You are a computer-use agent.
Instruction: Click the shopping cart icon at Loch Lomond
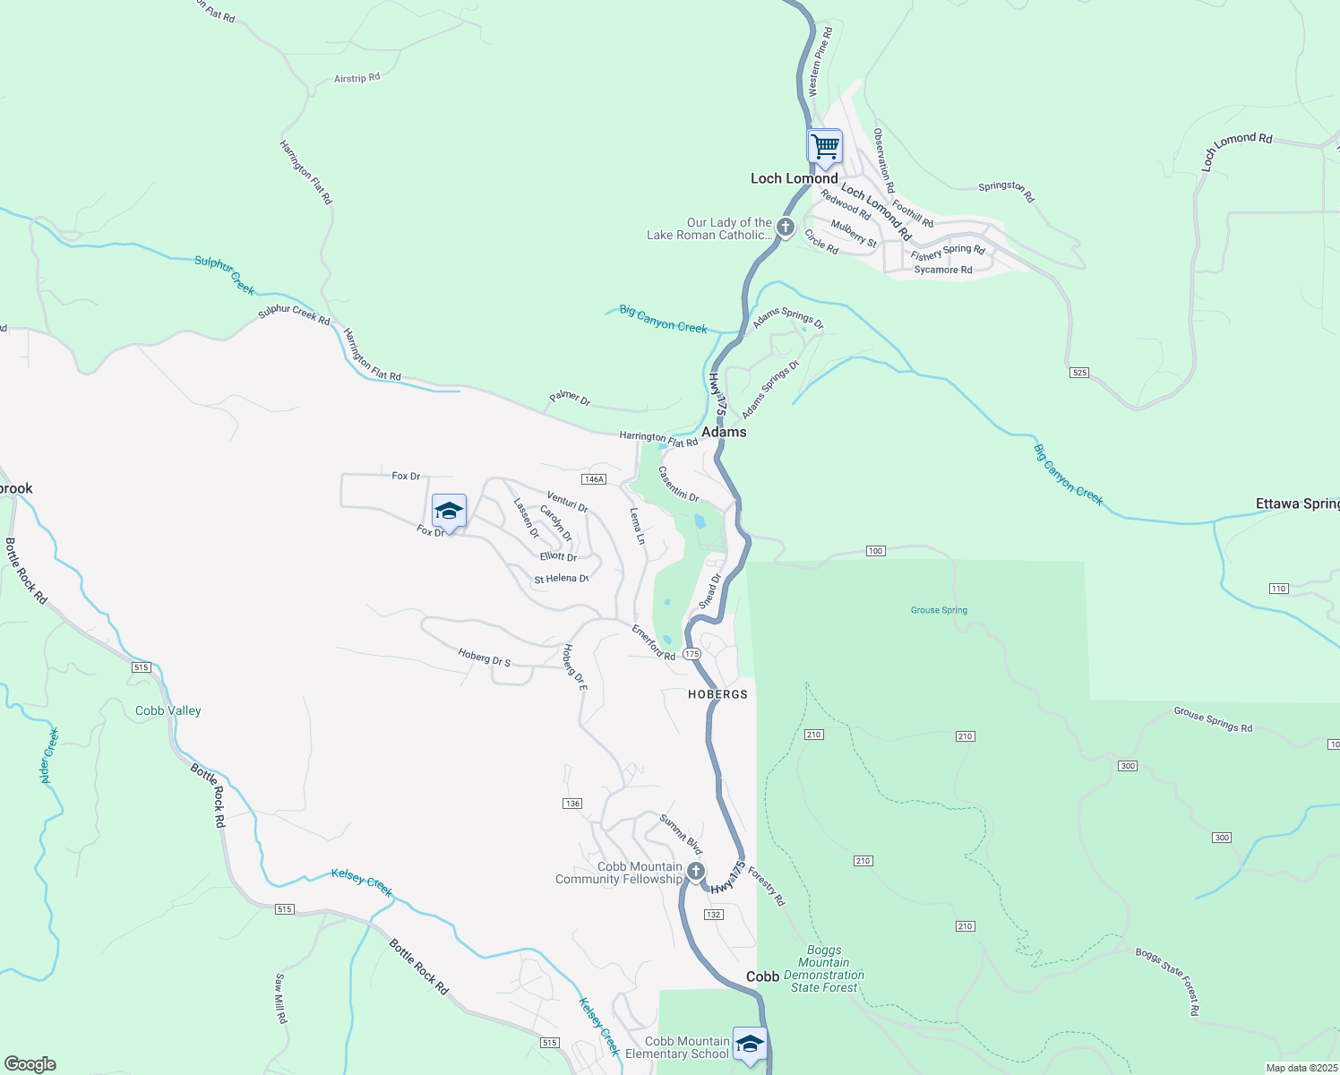[824, 146]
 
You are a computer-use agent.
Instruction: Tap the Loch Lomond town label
[794, 178]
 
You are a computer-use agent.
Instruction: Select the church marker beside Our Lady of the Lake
[786, 228]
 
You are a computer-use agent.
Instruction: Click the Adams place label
[724, 432]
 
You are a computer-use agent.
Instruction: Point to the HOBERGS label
[717, 694]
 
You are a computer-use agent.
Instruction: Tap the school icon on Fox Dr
[449, 512]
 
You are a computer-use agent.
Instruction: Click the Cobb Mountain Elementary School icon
[750, 1044]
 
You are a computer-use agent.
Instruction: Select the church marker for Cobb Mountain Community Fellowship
[696, 871]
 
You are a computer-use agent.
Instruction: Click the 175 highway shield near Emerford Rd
[691, 654]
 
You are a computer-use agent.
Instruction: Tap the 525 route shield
[1079, 372]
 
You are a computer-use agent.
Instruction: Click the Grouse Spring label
[939, 610]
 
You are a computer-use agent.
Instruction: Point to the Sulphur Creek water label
[225, 274]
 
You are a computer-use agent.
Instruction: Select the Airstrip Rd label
[356, 78]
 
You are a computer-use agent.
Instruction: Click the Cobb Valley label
[168, 710]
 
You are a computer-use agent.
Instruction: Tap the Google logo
[30, 1063]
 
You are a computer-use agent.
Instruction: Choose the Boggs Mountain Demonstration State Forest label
[824, 969]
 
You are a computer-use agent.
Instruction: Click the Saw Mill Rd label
[281, 998]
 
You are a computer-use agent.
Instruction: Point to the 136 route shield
[573, 804]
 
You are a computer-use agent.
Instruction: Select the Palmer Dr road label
[570, 398]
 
